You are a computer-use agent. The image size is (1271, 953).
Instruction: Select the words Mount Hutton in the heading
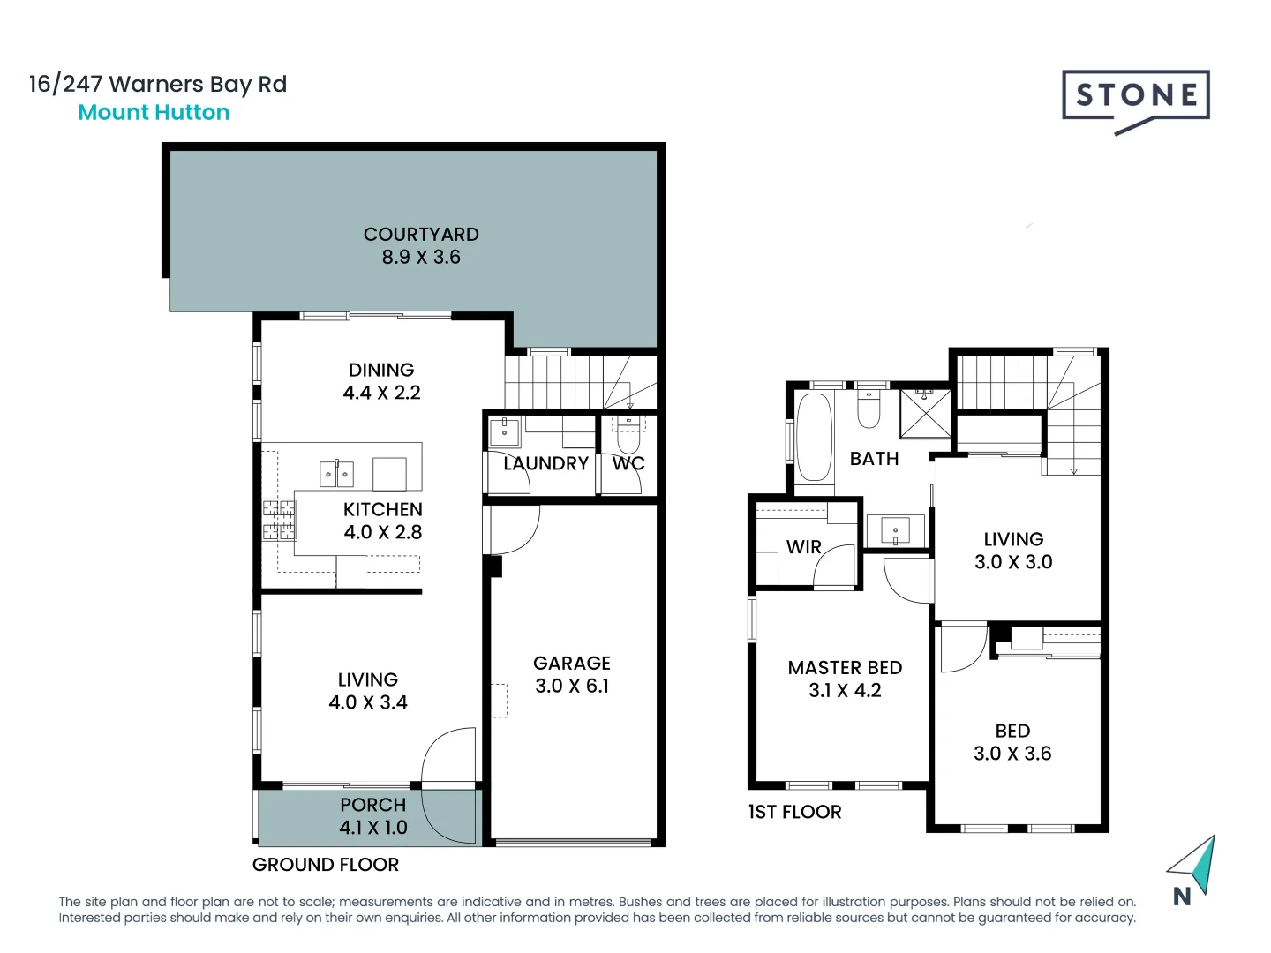[x=154, y=113]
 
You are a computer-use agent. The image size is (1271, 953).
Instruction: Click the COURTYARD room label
[x=421, y=235]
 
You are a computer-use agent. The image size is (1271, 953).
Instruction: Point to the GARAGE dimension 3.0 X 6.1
[x=572, y=687]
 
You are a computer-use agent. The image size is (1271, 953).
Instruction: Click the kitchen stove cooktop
[x=279, y=520]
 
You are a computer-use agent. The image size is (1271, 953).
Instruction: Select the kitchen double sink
[x=336, y=474]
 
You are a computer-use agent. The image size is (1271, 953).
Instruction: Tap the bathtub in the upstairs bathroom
[x=814, y=438]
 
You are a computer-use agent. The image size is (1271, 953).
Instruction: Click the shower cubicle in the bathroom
[x=925, y=412]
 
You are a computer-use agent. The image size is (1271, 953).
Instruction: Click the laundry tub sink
[x=505, y=432]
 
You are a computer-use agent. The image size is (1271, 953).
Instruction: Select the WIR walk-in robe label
[x=803, y=547]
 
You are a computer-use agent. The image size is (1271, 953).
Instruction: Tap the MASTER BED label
[x=845, y=668]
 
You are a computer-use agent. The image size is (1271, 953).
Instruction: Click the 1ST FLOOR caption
[x=794, y=812]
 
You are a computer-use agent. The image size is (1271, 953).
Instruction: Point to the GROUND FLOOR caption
[x=326, y=865]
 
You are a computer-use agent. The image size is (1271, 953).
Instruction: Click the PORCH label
[x=372, y=805]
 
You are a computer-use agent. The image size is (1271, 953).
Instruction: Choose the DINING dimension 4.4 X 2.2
[x=381, y=394]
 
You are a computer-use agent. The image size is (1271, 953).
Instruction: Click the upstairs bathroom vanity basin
[x=895, y=531]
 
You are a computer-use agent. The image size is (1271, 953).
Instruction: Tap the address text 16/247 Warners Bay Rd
[x=158, y=84]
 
